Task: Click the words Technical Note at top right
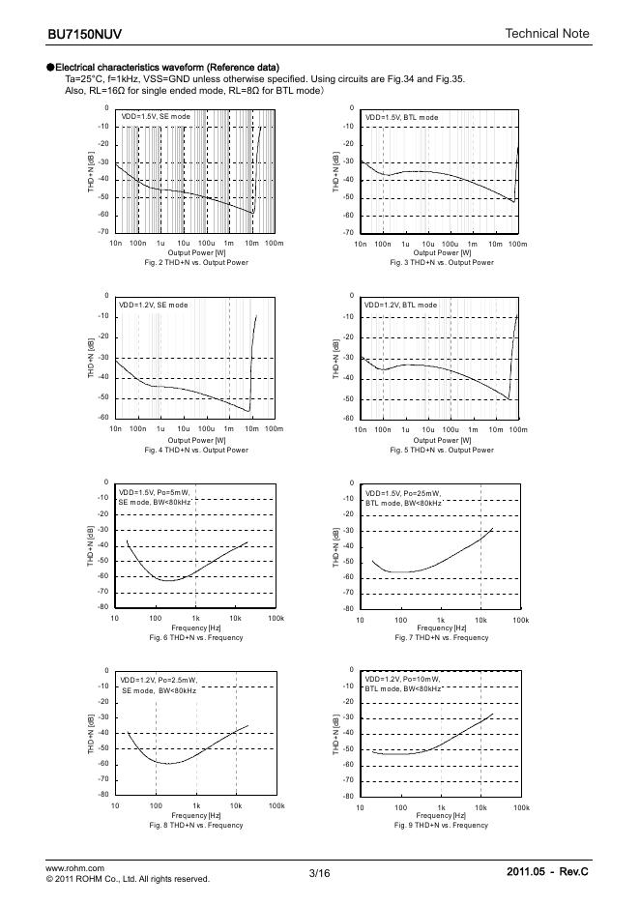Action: (546, 35)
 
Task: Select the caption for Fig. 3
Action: (442, 262)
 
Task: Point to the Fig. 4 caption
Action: (196, 450)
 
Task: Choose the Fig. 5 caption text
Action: (442, 450)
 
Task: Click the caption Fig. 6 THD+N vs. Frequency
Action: (196, 637)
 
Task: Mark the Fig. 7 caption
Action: (442, 637)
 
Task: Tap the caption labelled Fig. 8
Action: (196, 825)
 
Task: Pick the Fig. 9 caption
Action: (442, 825)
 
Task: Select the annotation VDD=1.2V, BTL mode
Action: (400, 305)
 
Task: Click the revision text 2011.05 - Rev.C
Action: (547, 872)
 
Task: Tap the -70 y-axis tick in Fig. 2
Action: (102, 232)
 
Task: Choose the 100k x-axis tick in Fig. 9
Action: (521, 806)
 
